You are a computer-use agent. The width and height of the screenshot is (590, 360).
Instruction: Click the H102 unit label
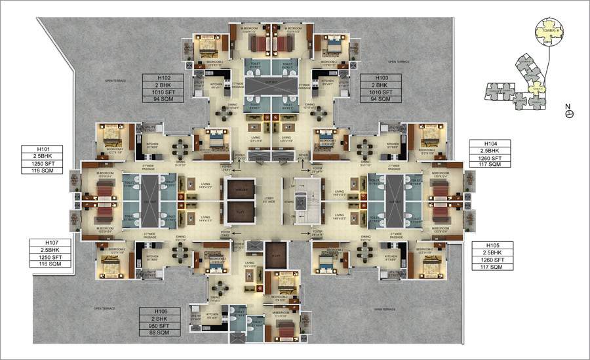pyautogui.click(x=157, y=78)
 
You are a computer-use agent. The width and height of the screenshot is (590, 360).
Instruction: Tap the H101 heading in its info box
pyautogui.click(x=37, y=148)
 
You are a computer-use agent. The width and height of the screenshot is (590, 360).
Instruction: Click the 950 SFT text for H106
pyautogui.click(x=157, y=326)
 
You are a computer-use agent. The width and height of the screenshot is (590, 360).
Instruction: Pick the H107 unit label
pyautogui.click(x=46, y=244)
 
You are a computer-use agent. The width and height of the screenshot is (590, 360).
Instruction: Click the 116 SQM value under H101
pyautogui.click(x=37, y=170)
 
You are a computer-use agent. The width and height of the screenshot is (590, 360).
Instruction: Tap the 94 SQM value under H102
pyautogui.click(x=157, y=100)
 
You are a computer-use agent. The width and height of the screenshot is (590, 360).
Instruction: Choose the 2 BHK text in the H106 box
pyautogui.click(x=157, y=319)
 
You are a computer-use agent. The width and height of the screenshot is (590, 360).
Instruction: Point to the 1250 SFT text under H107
pyautogui.click(x=46, y=258)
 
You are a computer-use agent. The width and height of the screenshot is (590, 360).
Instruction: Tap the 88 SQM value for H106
pyautogui.click(x=157, y=333)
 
